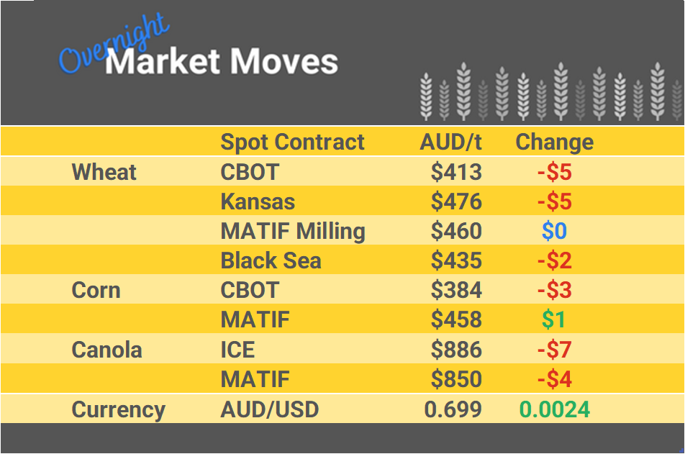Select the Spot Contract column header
pyautogui.click(x=292, y=142)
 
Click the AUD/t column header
pyautogui.click(x=450, y=142)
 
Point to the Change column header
pyautogui.click(x=554, y=142)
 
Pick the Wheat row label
pyautogui.click(x=104, y=172)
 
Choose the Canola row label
pyautogui.click(x=106, y=350)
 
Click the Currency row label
pyautogui.click(x=118, y=410)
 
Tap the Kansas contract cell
pyautogui.click(x=258, y=201)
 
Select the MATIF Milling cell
pyautogui.click(x=293, y=231)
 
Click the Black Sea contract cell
pyautogui.click(x=271, y=260)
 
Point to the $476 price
pyautogui.click(x=456, y=201)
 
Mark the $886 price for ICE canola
pyautogui.click(x=456, y=350)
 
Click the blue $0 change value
pyautogui.click(x=554, y=231)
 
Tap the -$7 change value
pyautogui.click(x=554, y=350)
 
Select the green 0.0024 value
pyautogui.click(x=554, y=410)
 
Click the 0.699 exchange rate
pyautogui.click(x=453, y=410)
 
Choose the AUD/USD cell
pyautogui.click(x=269, y=410)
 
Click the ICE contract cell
pyautogui.click(x=237, y=350)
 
